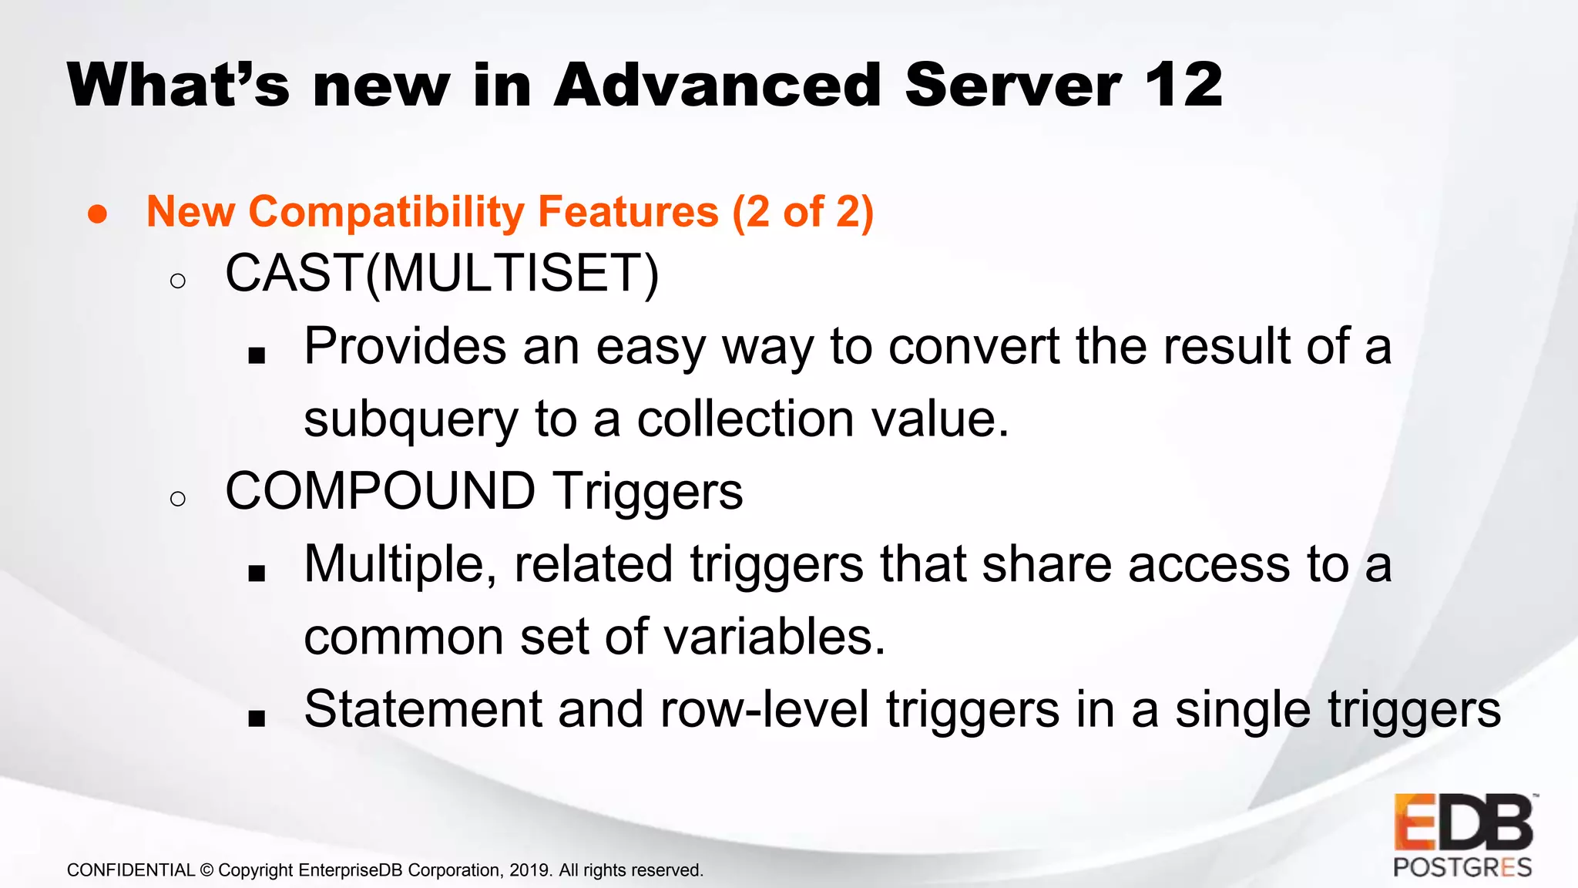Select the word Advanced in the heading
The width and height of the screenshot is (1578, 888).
717,85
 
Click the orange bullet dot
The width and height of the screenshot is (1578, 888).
97,214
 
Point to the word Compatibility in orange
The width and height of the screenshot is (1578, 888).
386,212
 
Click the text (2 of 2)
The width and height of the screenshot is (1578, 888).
803,212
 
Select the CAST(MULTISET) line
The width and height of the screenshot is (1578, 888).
442,274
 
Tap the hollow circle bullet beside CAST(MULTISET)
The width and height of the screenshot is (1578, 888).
178,281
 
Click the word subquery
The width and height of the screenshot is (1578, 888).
411,420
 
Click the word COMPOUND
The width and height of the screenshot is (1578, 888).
380,491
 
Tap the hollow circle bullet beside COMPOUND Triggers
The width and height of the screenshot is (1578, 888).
178,499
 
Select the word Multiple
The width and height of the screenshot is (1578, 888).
400,565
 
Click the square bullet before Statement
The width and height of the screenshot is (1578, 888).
257,718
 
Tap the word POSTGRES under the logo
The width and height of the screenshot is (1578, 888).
1462,868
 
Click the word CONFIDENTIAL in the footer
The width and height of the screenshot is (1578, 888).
130,870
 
